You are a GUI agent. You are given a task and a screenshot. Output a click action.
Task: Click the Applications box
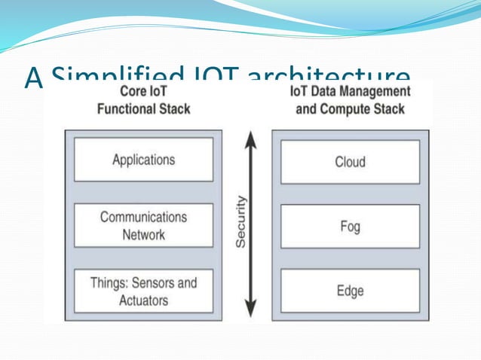pos(143,160)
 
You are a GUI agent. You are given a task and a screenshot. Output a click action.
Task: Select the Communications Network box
pos(143,225)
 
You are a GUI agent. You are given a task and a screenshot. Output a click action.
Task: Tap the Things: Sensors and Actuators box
pos(143,291)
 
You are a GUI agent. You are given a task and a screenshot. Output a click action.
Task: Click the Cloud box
pos(350,161)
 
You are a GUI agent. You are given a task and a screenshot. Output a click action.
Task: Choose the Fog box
pos(350,226)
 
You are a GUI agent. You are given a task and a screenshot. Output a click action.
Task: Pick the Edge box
pos(350,291)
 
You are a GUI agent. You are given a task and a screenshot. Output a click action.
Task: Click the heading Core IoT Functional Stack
pos(143,100)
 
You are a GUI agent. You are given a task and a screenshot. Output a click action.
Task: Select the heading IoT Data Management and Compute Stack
pos(350,100)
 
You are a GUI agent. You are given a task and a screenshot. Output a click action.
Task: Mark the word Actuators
pos(143,301)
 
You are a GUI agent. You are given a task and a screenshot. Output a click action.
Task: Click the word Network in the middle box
pos(143,234)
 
